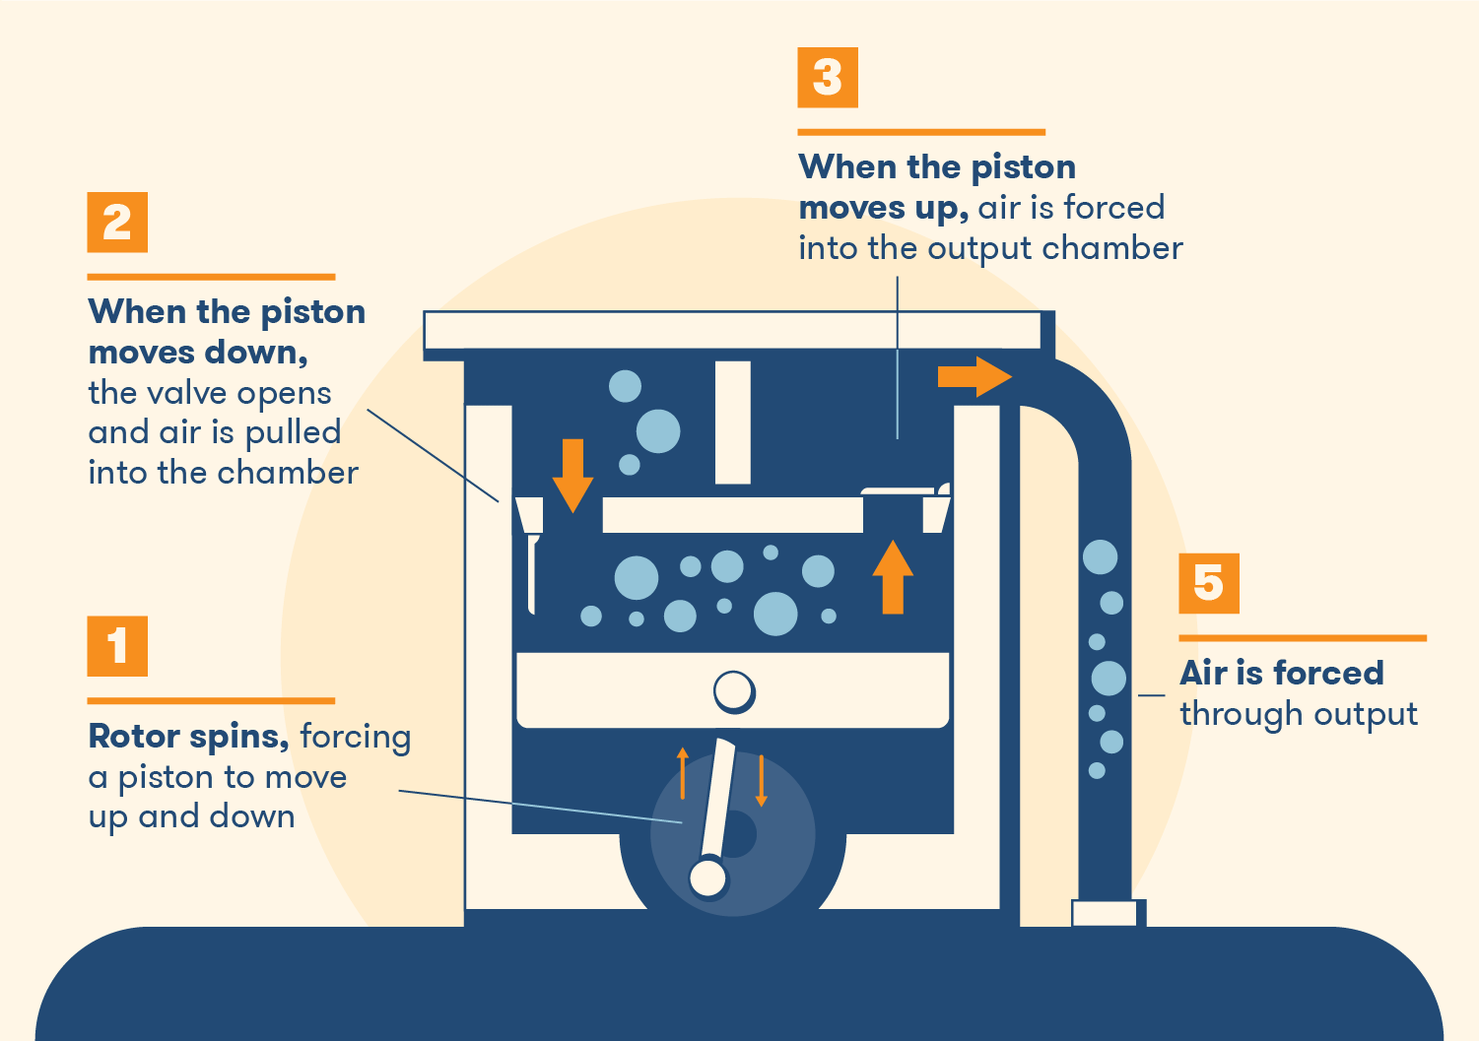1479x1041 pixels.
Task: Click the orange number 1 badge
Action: [117, 646]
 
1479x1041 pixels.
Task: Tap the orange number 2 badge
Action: [117, 222]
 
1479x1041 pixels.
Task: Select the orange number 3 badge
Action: [828, 77]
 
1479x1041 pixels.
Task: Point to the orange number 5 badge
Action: [1209, 583]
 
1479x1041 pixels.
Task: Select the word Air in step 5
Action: [1203, 674]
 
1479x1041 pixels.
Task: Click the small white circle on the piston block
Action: [734, 691]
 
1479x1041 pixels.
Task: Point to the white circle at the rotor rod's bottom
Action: [707, 878]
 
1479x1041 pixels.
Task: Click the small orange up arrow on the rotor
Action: [683, 773]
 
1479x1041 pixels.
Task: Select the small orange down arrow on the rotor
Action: [762, 780]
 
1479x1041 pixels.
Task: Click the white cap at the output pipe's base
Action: [1105, 914]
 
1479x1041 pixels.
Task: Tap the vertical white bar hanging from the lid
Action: [733, 422]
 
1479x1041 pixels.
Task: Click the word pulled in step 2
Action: [293, 433]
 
